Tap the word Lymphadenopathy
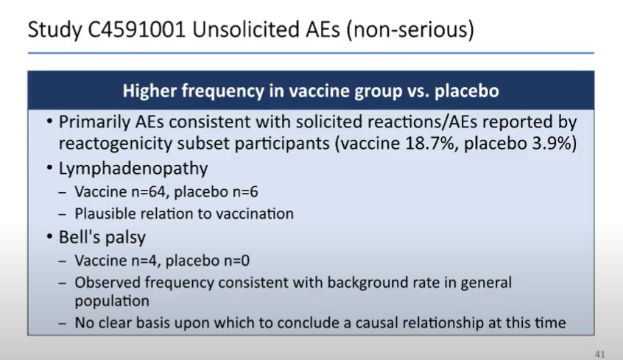[133, 169]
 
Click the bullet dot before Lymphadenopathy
[49, 169]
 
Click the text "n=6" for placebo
[243, 193]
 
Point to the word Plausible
[103, 214]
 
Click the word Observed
[104, 282]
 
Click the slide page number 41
[600, 354]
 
